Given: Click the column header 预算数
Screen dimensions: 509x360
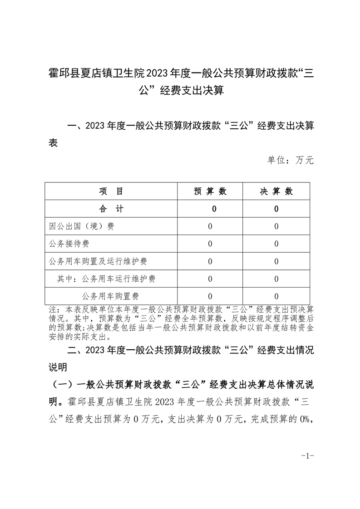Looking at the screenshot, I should click(x=210, y=191).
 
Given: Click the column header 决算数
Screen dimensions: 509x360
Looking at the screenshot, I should click(x=276, y=191).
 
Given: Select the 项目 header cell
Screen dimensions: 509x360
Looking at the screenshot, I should click(x=111, y=191).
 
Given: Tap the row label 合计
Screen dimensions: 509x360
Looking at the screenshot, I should click(x=111, y=209).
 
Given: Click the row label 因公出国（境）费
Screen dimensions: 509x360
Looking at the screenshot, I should click(x=82, y=226).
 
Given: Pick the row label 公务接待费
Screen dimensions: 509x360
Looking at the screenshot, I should click(x=69, y=244).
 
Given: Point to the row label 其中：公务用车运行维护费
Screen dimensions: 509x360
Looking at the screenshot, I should click(x=107, y=279).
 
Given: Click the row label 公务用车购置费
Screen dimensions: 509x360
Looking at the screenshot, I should click(x=110, y=297).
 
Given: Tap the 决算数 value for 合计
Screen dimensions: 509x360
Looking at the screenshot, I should click(x=276, y=209).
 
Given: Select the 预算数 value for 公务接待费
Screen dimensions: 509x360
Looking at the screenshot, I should click(x=210, y=244).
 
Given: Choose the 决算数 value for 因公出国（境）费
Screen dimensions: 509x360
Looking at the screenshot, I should click(x=276, y=226).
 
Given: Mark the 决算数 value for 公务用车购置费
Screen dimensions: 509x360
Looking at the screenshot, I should click(x=276, y=297).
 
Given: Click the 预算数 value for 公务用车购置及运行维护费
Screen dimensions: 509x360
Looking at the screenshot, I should click(x=210, y=262).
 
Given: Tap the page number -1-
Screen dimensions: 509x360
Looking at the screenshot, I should click(x=307, y=456).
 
